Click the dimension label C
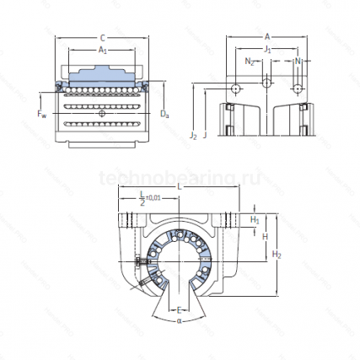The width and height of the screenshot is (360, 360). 102,37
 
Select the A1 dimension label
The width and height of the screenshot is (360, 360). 102,50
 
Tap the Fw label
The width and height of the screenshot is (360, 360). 42,111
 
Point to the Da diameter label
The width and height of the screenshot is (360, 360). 165,113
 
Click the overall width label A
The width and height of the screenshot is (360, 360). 266,37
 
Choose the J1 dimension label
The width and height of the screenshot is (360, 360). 267,50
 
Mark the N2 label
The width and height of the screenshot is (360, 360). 249,62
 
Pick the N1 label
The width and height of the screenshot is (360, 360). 298,62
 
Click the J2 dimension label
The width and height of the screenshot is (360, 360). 193,134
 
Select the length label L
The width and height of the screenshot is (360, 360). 179,185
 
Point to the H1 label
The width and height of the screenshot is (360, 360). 255,220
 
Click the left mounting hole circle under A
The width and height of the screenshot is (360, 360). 237,89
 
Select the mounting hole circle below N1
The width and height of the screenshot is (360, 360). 297,89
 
